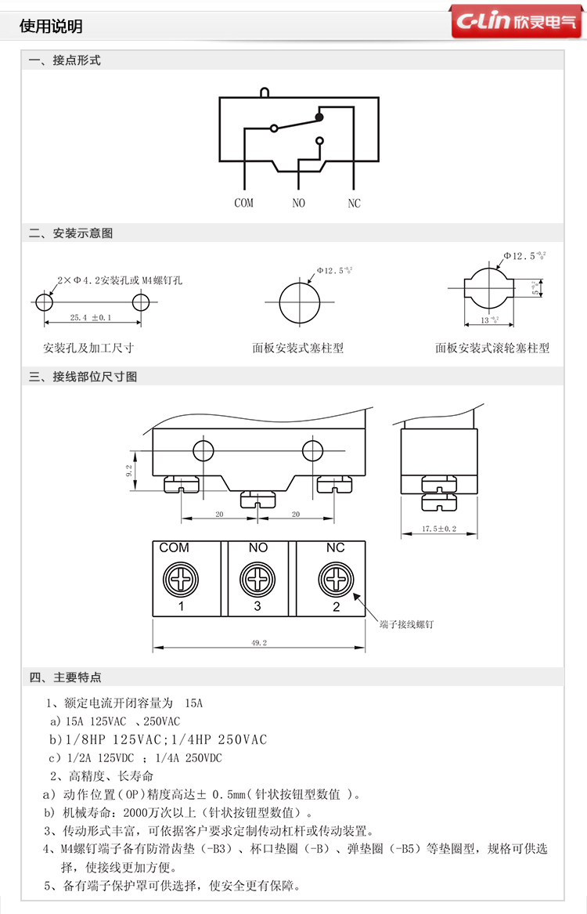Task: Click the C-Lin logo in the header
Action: tap(516, 23)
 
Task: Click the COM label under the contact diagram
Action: tap(244, 203)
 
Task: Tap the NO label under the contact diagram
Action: tap(298, 203)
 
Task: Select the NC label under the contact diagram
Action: tap(354, 203)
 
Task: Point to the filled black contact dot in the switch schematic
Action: tap(319, 117)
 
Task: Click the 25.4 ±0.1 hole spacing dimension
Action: tap(92, 317)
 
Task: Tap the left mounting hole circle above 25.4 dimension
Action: tap(44, 302)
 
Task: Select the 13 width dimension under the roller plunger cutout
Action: tap(484, 320)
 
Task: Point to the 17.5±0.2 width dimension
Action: tap(439, 529)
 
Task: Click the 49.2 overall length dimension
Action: tap(258, 643)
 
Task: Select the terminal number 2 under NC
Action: tap(336, 605)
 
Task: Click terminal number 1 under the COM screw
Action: tap(181, 605)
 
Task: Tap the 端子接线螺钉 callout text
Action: tap(405, 624)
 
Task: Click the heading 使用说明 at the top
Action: tap(51, 27)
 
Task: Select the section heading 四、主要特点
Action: tap(66, 677)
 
